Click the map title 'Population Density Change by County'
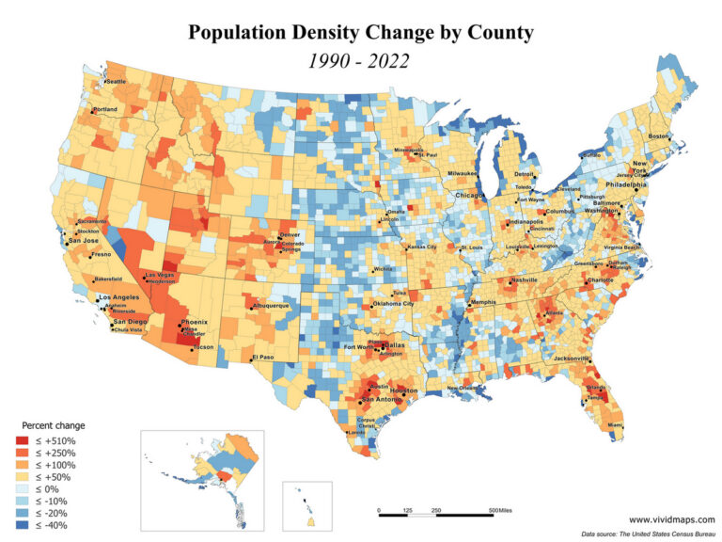tap(361, 33)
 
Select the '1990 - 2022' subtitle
tap(361, 62)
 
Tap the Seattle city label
tap(115, 82)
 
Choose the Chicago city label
tap(470, 195)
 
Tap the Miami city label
tap(614, 425)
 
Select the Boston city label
tap(659, 136)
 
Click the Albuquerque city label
tap(277, 306)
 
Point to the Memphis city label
tap(482, 302)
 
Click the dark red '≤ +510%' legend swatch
tap(22, 439)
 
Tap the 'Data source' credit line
tap(649, 533)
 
